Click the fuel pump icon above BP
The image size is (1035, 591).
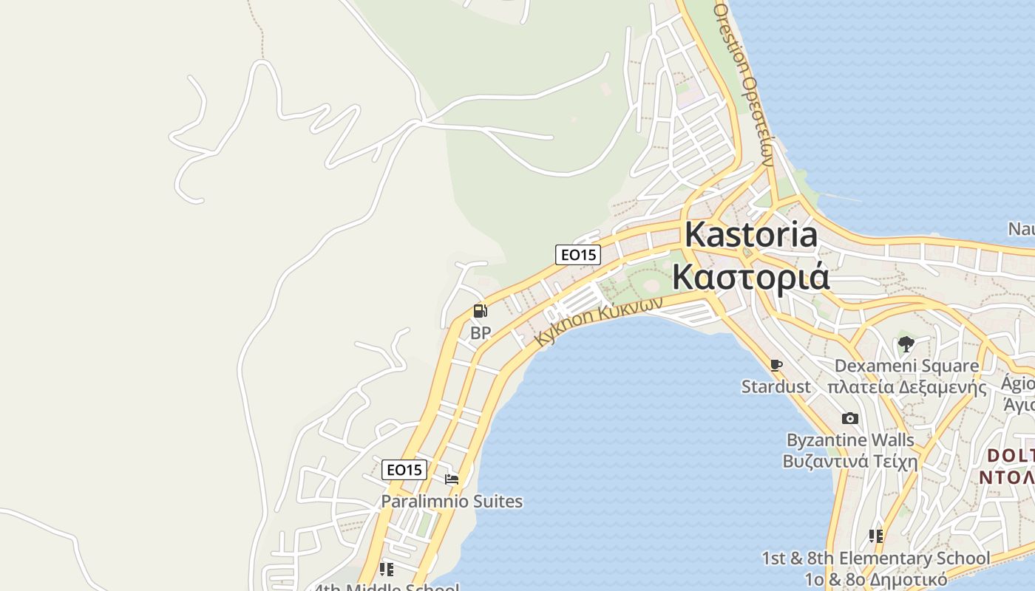[480, 311]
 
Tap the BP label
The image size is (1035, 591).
[481, 333]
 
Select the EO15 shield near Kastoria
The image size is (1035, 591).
[578, 255]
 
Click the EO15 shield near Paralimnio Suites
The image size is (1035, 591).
[404, 469]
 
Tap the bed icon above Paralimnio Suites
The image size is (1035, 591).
[452, 479]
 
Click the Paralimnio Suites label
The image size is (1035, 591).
[452, 502]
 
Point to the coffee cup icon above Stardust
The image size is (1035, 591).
[776, 365]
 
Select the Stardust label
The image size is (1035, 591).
[776, 386]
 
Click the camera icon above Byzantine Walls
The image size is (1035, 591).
[850, 418]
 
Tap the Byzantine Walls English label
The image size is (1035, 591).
[850, 440]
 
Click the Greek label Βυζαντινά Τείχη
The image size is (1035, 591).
[850, 462]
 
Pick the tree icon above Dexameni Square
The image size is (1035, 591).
[906, 344]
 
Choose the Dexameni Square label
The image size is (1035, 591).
[906, 366]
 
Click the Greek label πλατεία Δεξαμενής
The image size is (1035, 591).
[906, 387]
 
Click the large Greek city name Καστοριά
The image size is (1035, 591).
[751, 277]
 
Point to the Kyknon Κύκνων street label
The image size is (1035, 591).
[597, 322]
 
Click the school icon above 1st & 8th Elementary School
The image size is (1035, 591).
[876, 536]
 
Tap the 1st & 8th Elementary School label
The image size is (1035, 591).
[876, 558]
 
